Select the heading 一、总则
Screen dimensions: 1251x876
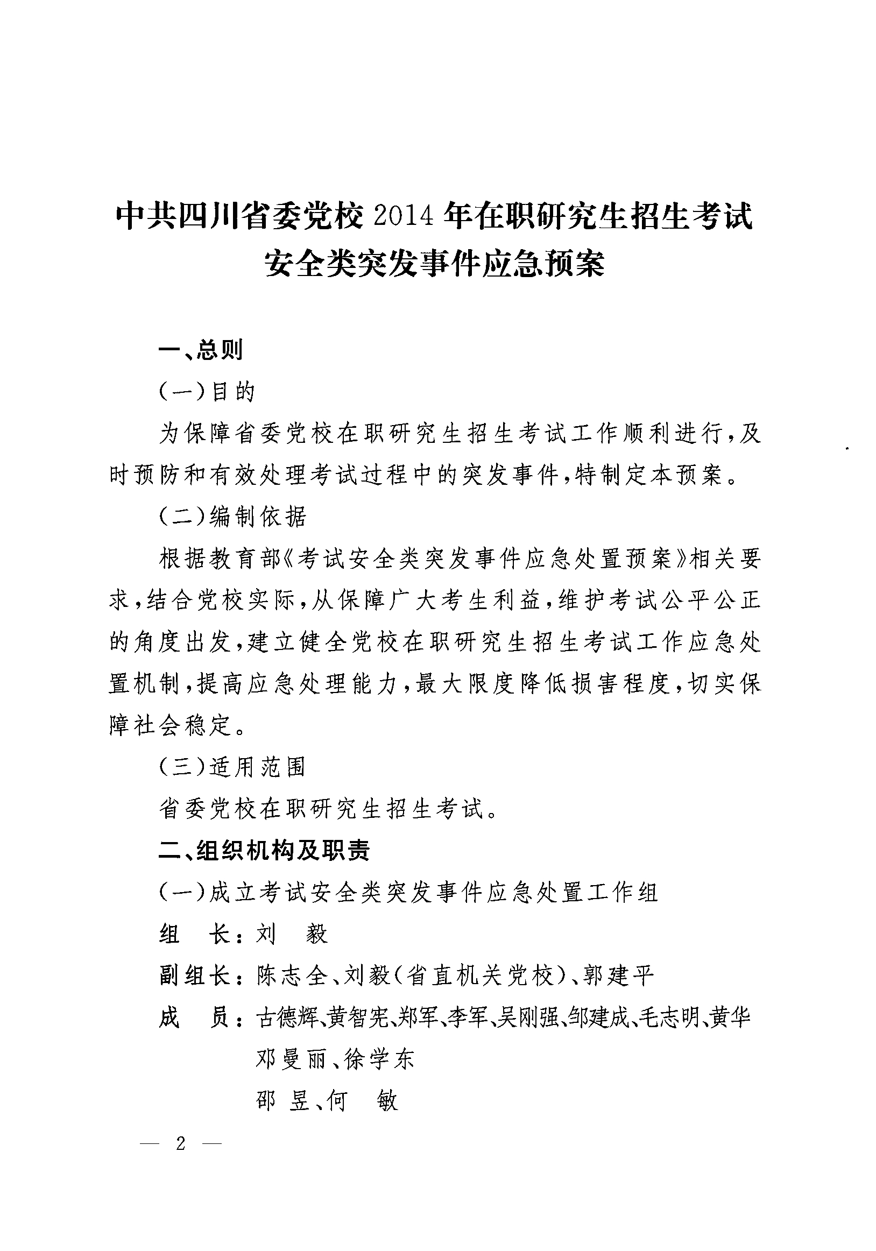click(201, 350)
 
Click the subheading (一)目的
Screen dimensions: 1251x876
click(207, 392)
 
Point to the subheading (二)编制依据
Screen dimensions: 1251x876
click(232, 517)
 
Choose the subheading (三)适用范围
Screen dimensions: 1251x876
click(232, 767)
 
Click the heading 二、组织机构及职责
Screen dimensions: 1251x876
click(264, 851)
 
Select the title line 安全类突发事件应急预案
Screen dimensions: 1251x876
click(435, 264)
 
